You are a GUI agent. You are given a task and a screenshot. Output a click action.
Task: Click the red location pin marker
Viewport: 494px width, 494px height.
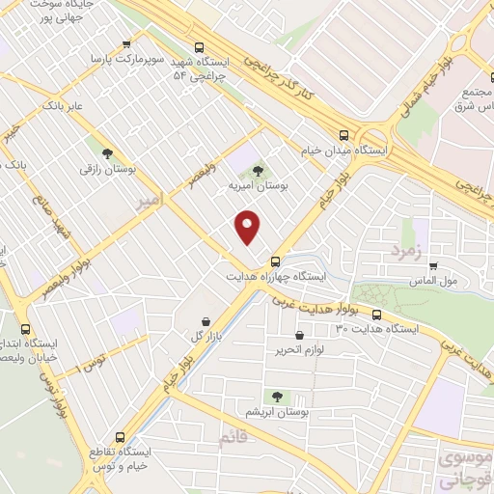[248, 227]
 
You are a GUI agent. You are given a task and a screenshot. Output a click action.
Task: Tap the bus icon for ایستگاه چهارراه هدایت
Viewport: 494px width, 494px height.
[276, 261]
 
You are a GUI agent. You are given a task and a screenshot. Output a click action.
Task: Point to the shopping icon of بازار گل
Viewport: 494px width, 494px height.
[206, 321]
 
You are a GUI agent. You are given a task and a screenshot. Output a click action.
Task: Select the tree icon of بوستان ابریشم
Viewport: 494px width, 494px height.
[278, 397]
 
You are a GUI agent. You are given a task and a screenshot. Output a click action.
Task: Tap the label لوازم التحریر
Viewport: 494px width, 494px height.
[301, 348]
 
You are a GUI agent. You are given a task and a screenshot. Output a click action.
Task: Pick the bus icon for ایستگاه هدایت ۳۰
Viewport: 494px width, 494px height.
[376, 315]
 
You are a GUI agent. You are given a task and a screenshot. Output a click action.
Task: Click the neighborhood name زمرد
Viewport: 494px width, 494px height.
[406, 251]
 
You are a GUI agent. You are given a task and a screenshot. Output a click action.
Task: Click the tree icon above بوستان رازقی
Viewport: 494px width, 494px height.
[107, 152]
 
